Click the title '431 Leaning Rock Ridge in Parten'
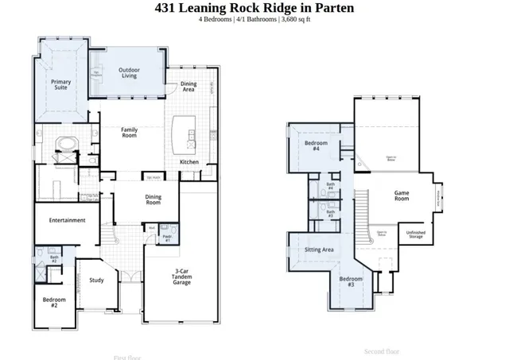(254, 9)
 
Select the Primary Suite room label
(61, 85)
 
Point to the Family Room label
(129, 133)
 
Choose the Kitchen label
(189, 162)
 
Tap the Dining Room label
(154, 201)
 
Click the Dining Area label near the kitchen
(188, 87)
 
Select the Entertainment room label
(67, 220)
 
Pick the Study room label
(96, 280)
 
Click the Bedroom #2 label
(55, 302)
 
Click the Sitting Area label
(319, 250)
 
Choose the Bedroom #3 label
(351, 281)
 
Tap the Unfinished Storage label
(415, 234)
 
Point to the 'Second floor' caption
(381, 350)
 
